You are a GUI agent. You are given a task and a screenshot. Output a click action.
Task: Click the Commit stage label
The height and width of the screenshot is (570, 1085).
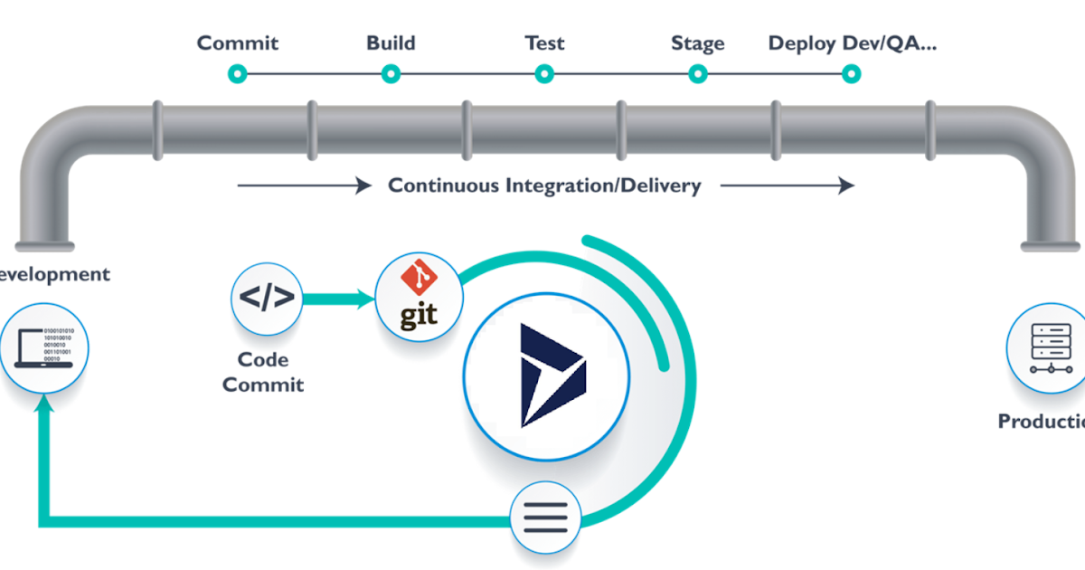point(238,43)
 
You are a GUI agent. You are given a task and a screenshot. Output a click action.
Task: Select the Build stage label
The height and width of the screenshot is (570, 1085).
point(391,43)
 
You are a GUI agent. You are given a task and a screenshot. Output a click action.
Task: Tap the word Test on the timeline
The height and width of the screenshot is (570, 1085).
point(544,43)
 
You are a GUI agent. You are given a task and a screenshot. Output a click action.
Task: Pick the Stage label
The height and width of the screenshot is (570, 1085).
point(697,43)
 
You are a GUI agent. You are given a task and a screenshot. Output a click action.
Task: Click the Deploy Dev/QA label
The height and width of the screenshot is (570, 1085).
point(852,43)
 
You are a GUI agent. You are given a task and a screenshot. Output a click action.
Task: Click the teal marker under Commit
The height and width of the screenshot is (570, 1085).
point(237,73)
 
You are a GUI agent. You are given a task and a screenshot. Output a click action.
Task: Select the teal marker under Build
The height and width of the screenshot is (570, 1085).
point(391,73)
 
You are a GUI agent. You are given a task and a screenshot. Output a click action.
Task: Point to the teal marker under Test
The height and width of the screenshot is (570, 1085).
point(543,73)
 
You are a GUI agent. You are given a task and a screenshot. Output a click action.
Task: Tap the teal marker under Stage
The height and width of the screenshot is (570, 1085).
point(697,73)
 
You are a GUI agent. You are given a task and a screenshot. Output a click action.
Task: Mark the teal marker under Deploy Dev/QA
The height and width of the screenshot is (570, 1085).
point(851,73)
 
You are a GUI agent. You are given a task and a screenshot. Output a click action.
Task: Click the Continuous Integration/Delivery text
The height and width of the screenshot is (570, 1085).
point(544,185)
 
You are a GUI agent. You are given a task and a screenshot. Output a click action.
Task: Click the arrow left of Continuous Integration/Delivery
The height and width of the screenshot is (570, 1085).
point(304,185)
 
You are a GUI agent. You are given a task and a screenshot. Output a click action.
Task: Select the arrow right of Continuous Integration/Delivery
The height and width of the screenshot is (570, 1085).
point(787,185)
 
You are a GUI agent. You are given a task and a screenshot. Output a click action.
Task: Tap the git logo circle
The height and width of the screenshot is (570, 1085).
point(419,296)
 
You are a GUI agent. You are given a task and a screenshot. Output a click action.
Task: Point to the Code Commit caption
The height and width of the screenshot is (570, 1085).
point(263,372)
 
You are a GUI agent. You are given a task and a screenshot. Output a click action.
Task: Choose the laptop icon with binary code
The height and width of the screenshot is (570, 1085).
point(44,348)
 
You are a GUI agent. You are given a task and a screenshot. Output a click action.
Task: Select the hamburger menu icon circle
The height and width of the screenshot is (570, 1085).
point(545,518)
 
